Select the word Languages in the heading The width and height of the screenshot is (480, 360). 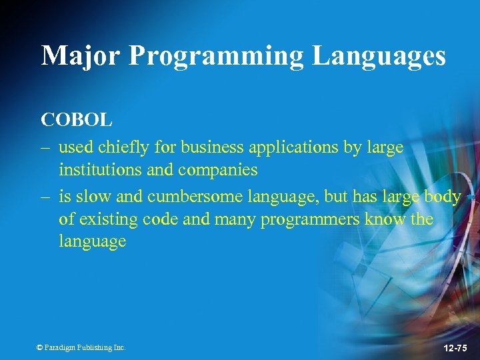(379, 56)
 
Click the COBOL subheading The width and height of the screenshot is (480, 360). (77, 120)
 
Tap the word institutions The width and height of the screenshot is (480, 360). (100, 169)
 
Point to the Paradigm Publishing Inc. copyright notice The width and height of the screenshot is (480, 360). (81, 347)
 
